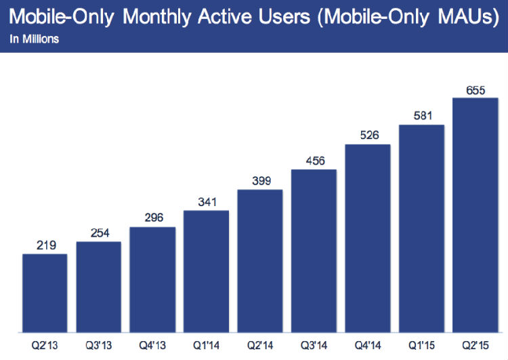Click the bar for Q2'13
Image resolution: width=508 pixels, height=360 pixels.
[45, 294]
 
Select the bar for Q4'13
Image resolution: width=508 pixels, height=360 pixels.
[152, 280]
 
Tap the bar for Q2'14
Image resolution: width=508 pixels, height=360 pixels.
[260, 261]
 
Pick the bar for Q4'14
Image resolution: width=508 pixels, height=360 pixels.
[368, 239]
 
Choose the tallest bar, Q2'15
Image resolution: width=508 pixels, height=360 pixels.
[475, 216]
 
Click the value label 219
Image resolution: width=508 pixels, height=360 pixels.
[45, 244]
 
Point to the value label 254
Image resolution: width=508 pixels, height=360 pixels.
[99, 232]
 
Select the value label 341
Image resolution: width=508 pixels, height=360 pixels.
[207, 201]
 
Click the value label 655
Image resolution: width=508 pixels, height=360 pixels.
[475, 89]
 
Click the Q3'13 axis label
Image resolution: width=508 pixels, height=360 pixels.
[99, 346]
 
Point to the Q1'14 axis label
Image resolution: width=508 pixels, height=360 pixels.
[207, 346]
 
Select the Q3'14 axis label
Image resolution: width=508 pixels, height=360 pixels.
[314, 346]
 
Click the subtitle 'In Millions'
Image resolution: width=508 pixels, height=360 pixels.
[34, 39]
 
